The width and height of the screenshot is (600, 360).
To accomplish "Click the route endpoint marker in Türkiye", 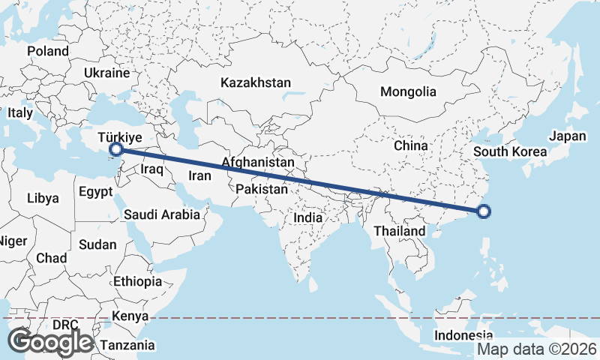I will coord(115,150).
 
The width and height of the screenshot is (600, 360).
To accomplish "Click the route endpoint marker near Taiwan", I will coord(484,211).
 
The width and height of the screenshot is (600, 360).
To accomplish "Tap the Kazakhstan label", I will coord(256,82).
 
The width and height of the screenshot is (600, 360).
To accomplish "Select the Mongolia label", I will coord(408,92).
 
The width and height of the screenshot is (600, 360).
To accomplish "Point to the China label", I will coord(410,145).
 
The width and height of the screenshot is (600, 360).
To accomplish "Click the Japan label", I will coord(567,136).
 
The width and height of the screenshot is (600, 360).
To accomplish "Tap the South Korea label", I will coord(510,151).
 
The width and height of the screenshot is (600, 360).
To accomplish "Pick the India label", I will coord(307,217).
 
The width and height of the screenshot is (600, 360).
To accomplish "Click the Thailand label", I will coord(399,231).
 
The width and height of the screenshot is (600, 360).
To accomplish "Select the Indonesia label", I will coord(465,335).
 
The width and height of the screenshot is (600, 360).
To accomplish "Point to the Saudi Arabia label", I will coord(162,214).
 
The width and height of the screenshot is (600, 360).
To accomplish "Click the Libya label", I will coord(42,199).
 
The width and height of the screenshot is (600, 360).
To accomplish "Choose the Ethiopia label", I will coord(137,281).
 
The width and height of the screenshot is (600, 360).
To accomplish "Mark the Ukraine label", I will coord(107,73).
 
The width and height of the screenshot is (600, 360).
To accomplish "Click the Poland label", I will coord(48,51).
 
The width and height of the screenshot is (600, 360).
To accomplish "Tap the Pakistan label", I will coord(261,190).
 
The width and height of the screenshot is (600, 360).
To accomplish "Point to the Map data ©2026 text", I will coord(537,349).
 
